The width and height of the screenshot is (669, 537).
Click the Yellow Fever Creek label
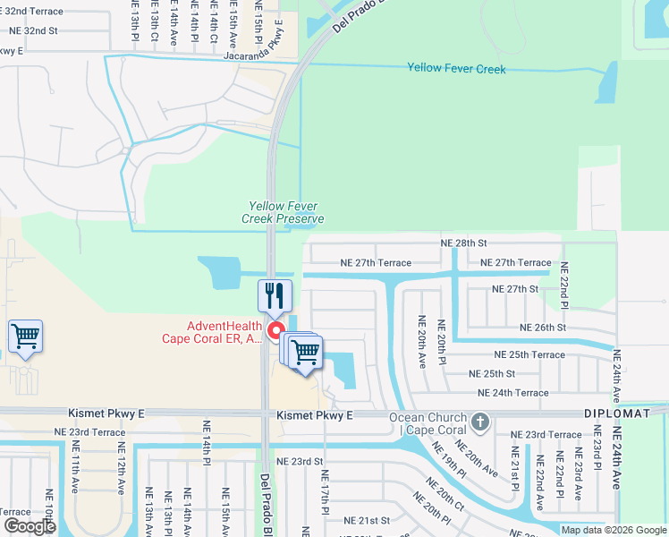tap(456, 69)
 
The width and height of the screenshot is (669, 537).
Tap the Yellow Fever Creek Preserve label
tap(283, 212)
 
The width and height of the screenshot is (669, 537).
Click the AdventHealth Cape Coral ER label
tap(211, 333)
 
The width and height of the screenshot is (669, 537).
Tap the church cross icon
tap(480, 421)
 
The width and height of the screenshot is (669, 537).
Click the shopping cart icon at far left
tap(26, 337)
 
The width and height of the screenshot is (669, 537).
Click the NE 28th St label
tap(463, 243)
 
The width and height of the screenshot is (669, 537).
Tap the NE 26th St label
tap(543, 328)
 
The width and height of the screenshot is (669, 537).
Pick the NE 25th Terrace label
tap(529, 354)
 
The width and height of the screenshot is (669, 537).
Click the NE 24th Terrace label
tap(513, 393)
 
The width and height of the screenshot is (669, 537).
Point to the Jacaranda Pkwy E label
tap(260, 52)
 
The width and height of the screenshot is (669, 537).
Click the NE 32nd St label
tap(32, 30)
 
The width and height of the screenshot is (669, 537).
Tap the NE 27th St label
tap(515, 289)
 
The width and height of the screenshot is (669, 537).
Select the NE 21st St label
tap(368, 520)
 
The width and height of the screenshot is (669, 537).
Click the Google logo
tap(30, 526)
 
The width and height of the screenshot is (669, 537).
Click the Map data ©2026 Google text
tap(613, 530)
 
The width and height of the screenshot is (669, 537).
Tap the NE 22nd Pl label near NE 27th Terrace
tap(563, 283)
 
